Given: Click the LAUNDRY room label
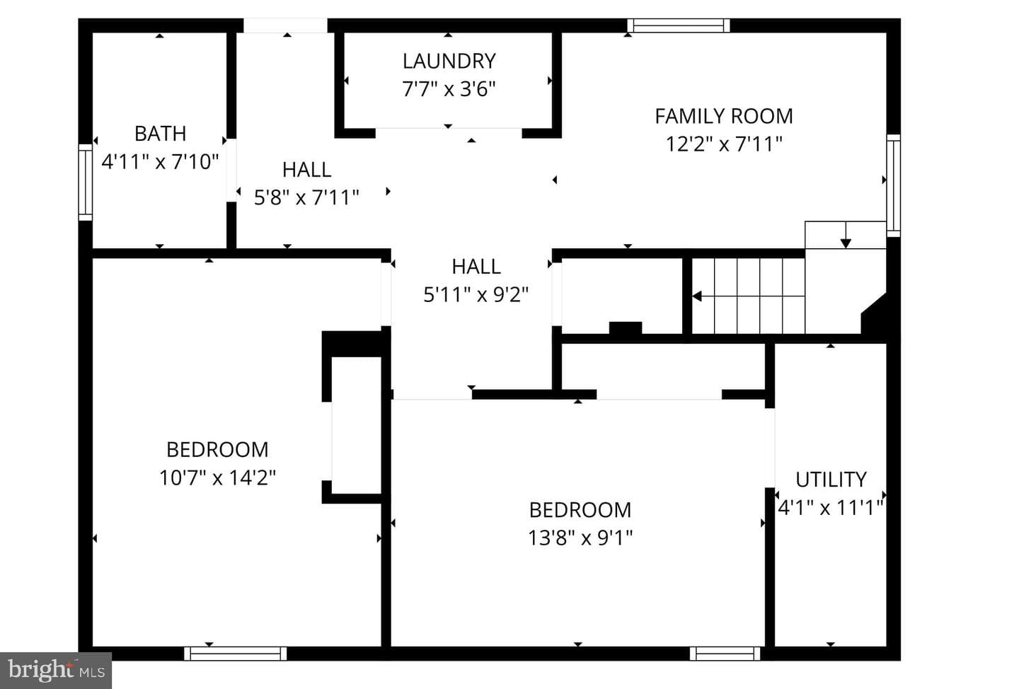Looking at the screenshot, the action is pos(449,62).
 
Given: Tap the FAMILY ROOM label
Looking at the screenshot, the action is pos(724,117).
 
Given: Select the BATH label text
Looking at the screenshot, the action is pos(160,134).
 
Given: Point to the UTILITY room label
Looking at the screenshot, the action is pos(831,480).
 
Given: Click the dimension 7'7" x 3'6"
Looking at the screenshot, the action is pos(449,89).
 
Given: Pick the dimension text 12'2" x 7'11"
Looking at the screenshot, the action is pos(724,144).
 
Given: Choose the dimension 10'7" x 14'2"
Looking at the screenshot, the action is pos(217,478).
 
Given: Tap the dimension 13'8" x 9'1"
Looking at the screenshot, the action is pos(580,538).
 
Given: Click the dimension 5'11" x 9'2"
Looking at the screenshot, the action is pos(476,295).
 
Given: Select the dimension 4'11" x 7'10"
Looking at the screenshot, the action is pos(160,162).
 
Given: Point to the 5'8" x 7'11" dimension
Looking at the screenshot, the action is pos(306,198).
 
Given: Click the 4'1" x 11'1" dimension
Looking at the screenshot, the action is pos(831,507).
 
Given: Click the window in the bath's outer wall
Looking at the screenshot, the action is pos(85,183).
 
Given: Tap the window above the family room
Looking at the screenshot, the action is pos(678,25).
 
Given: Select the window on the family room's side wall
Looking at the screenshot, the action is pos(894,185).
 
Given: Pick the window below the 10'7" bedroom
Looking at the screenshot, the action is pos(235,654).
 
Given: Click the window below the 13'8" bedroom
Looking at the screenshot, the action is pos(725,654).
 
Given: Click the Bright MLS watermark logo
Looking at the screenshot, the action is pos(55,671).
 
